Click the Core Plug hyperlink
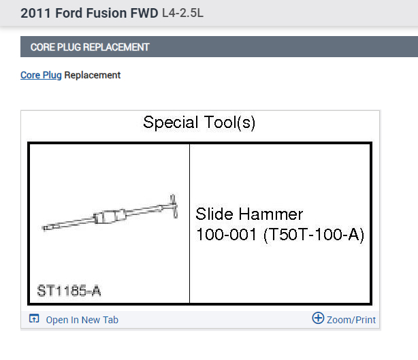pos(41,75)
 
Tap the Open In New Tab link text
pos(82,320)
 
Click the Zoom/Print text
pos(351,320)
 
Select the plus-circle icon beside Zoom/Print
pos(318,318)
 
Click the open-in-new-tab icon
pos(34,318)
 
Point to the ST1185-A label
pos(69,291)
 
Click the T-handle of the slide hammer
pos(174,206)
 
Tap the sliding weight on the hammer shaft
pos(110,216)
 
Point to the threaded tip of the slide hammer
pos(47,228)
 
